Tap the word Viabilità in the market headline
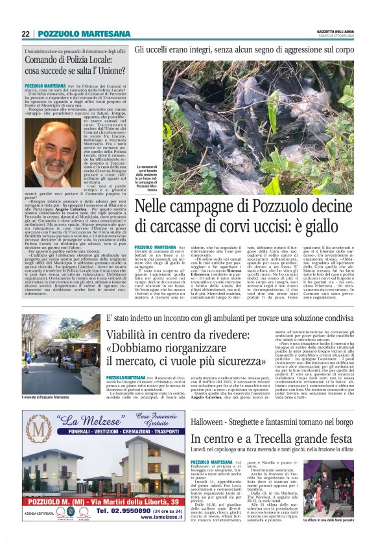coord(135,335)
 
